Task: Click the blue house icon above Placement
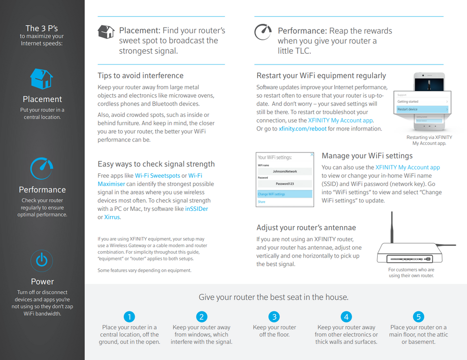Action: point(42,79)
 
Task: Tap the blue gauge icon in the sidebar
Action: point(42,168)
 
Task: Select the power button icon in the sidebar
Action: point(42,260)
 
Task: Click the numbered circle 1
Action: point(129,317)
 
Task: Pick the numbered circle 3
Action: point(274,317)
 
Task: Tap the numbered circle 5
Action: point(418,317)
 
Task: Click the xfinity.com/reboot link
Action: point(302,129)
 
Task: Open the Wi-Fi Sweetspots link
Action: point(158,176)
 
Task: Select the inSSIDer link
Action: point(196,209)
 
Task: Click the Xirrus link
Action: point(112,217)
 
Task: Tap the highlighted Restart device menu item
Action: point(422,109)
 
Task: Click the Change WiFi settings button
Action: point(285,194)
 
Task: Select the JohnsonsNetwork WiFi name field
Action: point(285,172)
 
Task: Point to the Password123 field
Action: point(285,184)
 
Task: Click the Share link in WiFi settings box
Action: point(261,202)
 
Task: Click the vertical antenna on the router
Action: point(392,228)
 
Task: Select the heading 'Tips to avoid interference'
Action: point(141,76)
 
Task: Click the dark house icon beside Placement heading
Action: point(106,32)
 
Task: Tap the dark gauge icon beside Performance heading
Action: point(263,32)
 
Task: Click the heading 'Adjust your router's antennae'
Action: point(306,228)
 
